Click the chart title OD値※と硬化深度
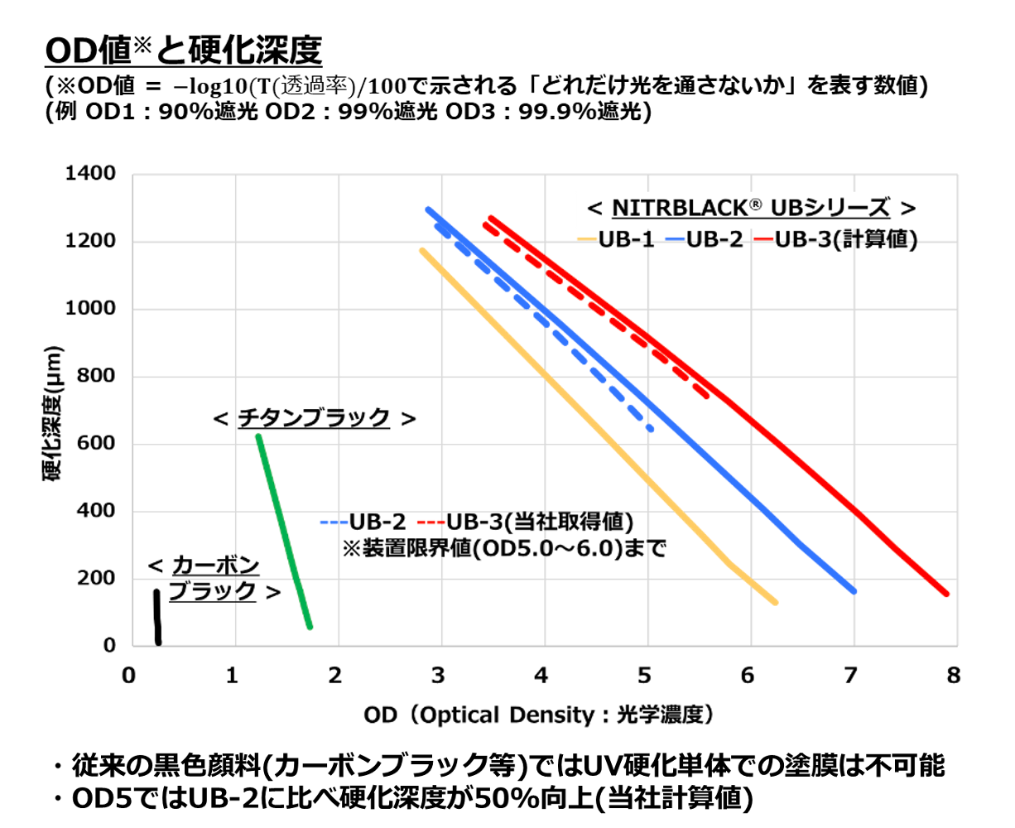183,51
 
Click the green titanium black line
284,530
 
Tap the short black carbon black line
157,617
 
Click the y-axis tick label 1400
90,174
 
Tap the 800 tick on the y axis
96,376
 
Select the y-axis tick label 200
96,578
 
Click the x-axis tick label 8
954,676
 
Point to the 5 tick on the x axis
644,676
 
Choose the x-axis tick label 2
334,676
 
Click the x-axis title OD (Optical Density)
538,715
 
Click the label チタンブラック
314,419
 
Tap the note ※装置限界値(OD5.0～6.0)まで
504,548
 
